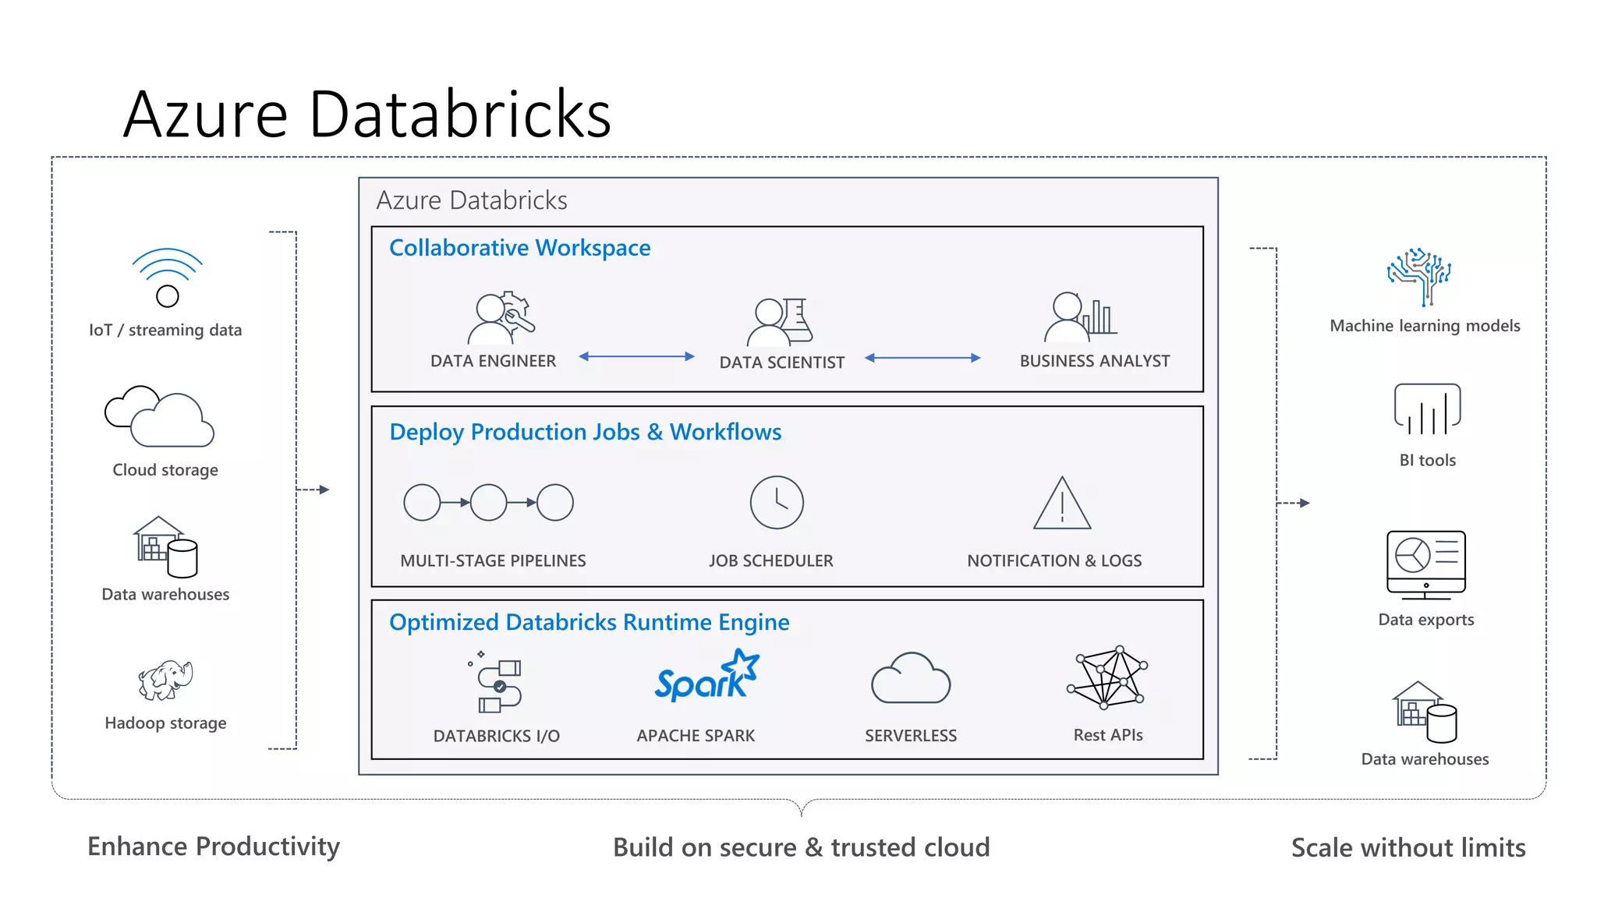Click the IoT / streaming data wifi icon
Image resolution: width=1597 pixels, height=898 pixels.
(x=167, y=278)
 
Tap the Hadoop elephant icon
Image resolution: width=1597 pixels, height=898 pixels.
(x=165, y=680)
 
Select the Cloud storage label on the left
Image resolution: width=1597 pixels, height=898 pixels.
(x=165, y=470)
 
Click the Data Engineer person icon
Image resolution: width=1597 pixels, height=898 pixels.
(x=500, y=318)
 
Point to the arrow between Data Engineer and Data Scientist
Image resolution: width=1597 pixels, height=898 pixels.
(x=636, y=356)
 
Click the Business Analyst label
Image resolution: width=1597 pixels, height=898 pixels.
(x=1094, y=361)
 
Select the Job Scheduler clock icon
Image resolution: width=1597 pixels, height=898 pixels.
(x=777, y=503)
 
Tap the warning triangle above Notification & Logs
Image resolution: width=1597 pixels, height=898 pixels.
(x=1062, y=505)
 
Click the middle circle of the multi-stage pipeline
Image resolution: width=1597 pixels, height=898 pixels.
(x=489, y=503)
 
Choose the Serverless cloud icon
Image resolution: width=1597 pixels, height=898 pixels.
(x=911, y=679)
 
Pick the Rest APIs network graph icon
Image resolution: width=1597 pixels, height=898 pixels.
(x=1107, y=677)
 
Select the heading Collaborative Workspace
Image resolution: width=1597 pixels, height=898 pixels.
(x=519, y=248)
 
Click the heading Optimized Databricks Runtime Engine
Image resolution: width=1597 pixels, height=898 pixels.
(x=589, y=622)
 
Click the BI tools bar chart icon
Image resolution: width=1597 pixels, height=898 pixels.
(x=1427, y=409)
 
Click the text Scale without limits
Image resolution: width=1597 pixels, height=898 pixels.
(x=1408, y=847)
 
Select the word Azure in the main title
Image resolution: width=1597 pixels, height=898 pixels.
(x=206, y=115)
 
